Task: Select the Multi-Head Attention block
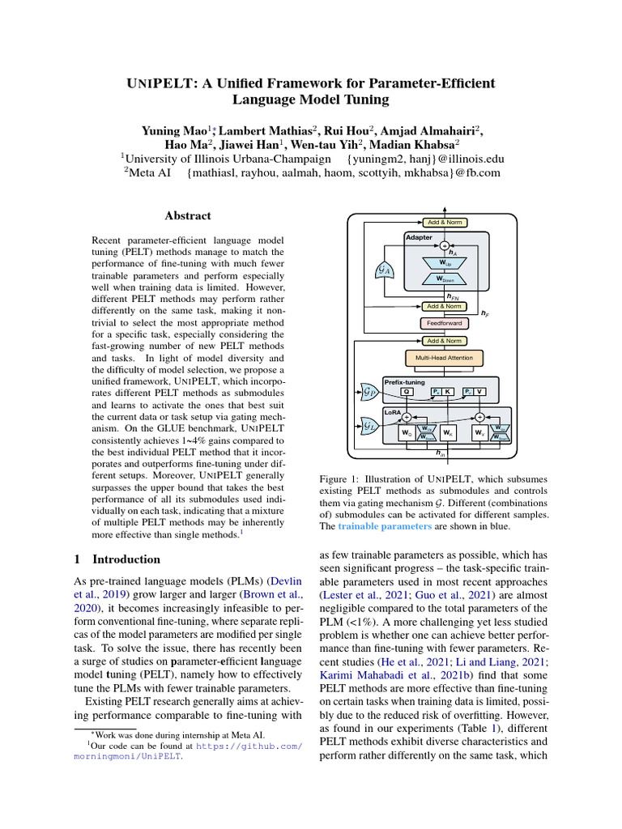pyautogui.click(x=443, y=357)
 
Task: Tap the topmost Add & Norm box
pyautogui.click(x=444, y=222)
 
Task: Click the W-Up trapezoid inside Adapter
pyautogui.click(x=444, y=261)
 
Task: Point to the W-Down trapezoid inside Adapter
pyautogui.click(x=444, y=279)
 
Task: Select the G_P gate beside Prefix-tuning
pyautogui.click(x=371, y=393)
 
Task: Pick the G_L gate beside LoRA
pyautogui.click(x=371, y=424)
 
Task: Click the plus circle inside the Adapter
pyautogui.click(x=444, y=245)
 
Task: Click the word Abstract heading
pyautogui.click(x=188, y=216)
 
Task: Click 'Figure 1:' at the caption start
pyautogui.click(x=338, y=479)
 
